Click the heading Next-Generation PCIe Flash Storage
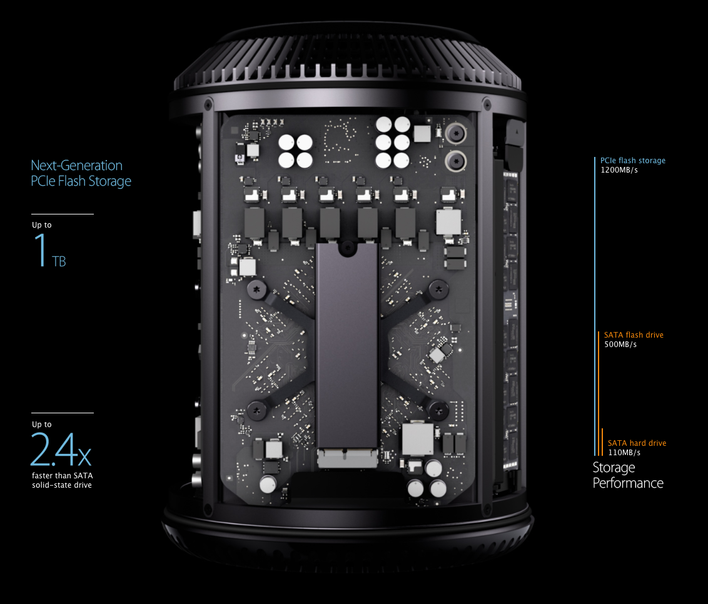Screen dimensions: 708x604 81,173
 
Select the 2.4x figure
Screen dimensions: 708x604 61,450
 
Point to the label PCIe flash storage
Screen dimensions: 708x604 632,161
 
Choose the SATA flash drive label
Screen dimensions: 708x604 634,335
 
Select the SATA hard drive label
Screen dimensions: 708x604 637,443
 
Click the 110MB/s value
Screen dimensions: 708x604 624,453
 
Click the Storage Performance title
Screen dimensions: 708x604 627,475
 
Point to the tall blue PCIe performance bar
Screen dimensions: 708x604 595,306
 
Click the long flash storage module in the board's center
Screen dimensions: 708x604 346,344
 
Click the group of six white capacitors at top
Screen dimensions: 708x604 393,143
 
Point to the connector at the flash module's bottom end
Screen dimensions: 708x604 347,458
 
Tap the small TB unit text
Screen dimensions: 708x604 59,261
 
